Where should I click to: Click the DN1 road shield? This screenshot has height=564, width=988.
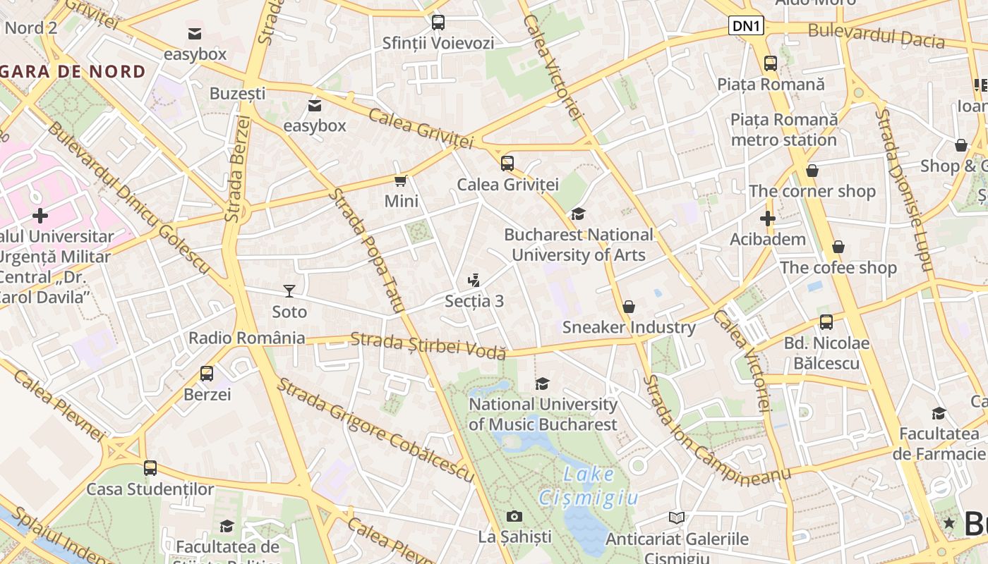(x=746, y=26)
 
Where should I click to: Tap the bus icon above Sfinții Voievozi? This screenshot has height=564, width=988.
(x=438, y=22)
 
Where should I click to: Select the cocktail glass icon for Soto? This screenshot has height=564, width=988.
(x=289, y=290)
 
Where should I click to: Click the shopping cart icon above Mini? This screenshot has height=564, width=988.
(x=401, y=180)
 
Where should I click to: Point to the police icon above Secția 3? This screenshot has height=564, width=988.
(x=474, y=280)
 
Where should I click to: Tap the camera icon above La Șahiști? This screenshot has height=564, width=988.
(x=514, y=516)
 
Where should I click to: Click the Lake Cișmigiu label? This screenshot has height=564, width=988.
(x=589, y=486)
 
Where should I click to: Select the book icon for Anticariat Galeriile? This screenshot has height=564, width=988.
(x=676, y=517)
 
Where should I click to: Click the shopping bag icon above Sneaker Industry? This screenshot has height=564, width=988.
(x=628, y=307)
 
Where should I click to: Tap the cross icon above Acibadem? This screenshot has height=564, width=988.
(x=768, y=219)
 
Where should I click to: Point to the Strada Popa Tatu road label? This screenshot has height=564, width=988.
(x=366, y=250)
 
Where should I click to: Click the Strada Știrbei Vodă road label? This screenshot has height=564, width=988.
(x=428, y=345)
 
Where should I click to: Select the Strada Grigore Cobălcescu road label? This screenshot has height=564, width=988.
(x=375, y=430)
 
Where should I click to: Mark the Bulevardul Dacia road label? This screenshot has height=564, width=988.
(x=876, y=35)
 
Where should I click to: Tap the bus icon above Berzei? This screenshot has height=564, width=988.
(x=207, y=374)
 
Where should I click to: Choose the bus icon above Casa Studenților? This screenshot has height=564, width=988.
(x=150, y=468)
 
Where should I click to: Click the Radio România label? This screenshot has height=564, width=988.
(x=246, y=338)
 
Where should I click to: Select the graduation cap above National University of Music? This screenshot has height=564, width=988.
(x=542, y=384)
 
